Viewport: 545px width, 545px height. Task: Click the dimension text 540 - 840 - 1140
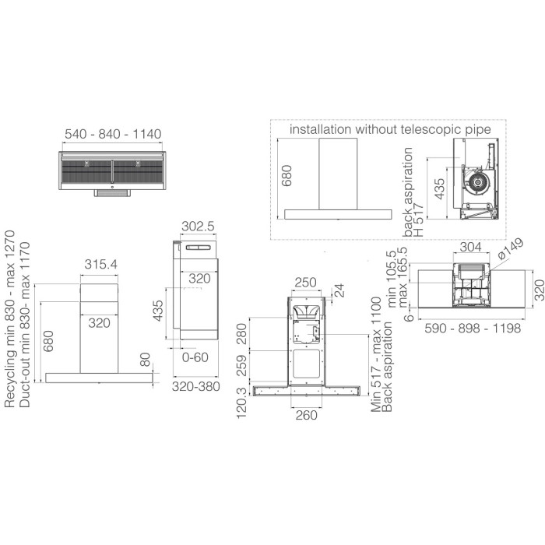tap(113, 134)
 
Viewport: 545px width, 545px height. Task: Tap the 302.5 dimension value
tap(198, 227)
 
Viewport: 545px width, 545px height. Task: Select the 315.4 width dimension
tap(100, 264)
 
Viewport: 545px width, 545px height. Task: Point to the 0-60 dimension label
tap(195, 357)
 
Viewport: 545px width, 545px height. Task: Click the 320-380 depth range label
tap(196, 386)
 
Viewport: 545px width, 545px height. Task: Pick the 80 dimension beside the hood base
tap(146, 360)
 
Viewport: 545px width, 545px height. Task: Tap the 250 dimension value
tap(305, 282)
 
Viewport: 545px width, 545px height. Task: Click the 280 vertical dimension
tap(242, 334)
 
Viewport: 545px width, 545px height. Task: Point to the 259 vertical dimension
tap(242, 365)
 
